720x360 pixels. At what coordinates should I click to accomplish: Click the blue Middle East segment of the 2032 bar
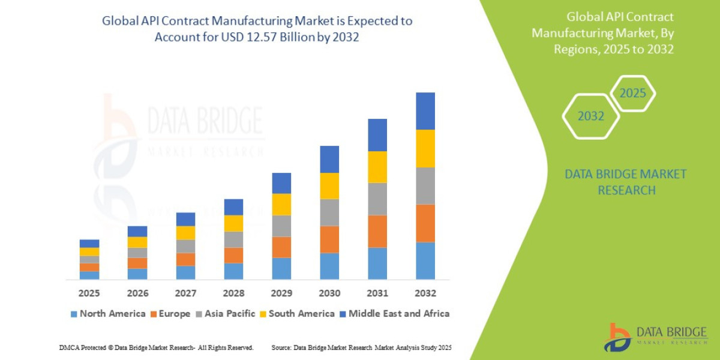coord(425,111)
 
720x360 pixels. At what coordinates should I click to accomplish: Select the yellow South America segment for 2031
coord(377,167)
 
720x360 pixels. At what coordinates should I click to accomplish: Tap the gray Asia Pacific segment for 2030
coord(329,212)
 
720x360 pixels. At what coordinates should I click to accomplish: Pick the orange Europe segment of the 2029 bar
coord(281,247)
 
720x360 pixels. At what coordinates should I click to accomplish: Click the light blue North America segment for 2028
coord(233,271)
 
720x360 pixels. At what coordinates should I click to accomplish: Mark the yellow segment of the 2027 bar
coord(185,233)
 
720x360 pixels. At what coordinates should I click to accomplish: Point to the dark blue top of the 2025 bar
coord(89,244)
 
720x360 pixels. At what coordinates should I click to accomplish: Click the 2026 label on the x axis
coord(137,293)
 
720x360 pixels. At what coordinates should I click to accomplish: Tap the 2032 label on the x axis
coord(425,293)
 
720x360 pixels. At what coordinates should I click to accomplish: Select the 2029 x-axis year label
coord(281,293)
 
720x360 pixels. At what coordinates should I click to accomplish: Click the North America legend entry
coord(108,314)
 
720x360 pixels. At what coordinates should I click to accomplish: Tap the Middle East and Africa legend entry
coord(394,314)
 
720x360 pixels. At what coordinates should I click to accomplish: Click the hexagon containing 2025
coord(632,94)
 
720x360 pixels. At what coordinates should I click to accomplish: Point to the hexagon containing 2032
coord(591,116)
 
